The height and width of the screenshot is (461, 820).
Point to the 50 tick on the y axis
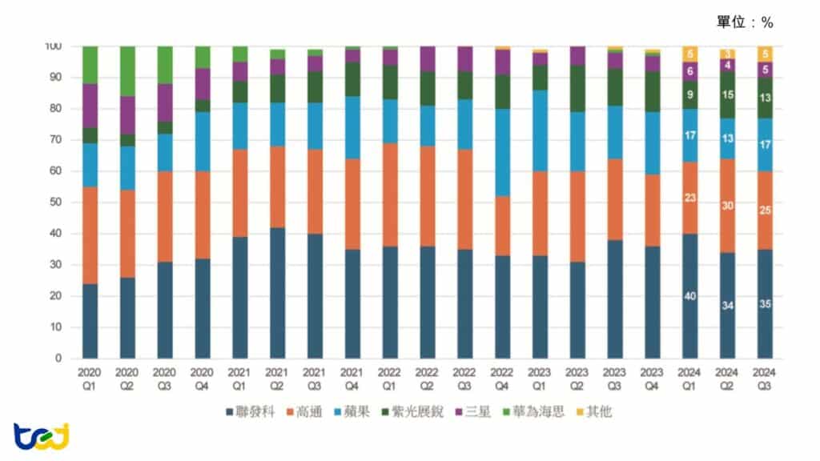point(55,202)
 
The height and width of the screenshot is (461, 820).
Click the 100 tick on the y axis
point(53,46)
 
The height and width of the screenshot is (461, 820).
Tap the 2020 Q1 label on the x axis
point(90,379)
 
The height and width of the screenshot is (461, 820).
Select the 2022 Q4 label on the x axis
point(503,379)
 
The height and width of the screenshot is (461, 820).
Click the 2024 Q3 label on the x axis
point(766,379)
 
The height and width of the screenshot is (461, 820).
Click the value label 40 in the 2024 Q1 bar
point(690,296)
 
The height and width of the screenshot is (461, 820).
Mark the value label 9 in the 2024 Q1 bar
point(690,94)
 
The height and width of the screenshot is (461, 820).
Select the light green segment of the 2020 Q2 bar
point(127,71)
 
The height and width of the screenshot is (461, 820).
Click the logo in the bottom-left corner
point(41,435)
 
